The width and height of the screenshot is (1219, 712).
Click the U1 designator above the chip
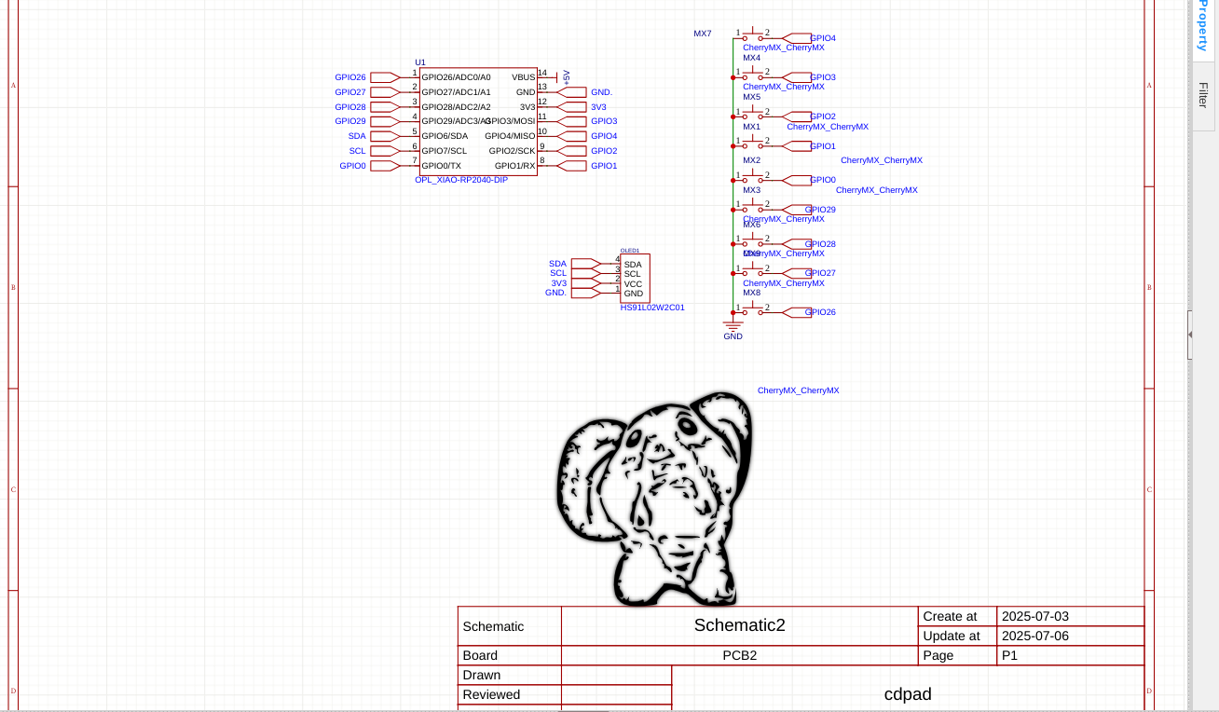point(419,62)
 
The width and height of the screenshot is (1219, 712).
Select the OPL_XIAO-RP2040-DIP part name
point(461,179)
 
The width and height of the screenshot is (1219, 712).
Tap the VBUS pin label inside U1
point(523,77)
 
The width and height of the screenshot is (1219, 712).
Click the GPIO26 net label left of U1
point(350,77)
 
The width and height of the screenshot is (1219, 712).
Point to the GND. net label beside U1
point(601,92)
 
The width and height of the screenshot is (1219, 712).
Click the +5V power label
point(566,77)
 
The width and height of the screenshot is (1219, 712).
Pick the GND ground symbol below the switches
point(733,329)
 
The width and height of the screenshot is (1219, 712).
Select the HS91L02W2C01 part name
point(652,307)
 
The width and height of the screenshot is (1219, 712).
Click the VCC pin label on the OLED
point(633,284)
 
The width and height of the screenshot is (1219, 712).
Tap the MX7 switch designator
point(702,34)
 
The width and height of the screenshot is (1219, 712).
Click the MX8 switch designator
point(751,293)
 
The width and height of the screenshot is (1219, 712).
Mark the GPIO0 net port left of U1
point(353,166)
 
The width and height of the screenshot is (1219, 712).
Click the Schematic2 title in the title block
point(739,625)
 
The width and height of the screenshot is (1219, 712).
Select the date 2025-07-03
point(1034,616)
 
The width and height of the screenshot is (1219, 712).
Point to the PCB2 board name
point(739,655)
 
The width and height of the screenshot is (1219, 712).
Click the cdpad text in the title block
point(907,694)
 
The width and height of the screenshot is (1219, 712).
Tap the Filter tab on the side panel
point(1203,94)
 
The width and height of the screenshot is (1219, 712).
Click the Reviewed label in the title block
point(491,694)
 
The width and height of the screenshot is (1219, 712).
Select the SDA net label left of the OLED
point(557,264)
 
